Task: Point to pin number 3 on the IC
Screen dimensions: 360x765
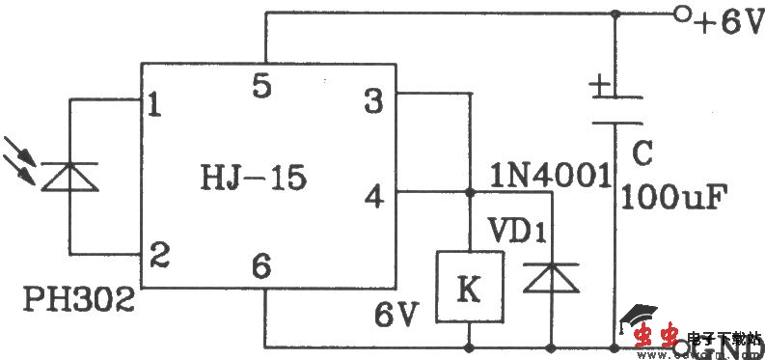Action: (x=373, y=100)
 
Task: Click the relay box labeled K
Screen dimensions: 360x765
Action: (x=469, y=287)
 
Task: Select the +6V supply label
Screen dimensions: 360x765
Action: (x=724, y=21)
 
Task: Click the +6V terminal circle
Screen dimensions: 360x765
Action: (x=680, y=16)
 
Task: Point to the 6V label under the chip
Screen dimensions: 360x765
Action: (x=396, y=316)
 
